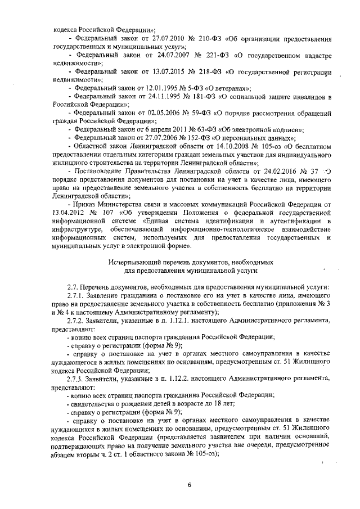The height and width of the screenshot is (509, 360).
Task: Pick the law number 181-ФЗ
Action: click(201, 96)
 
